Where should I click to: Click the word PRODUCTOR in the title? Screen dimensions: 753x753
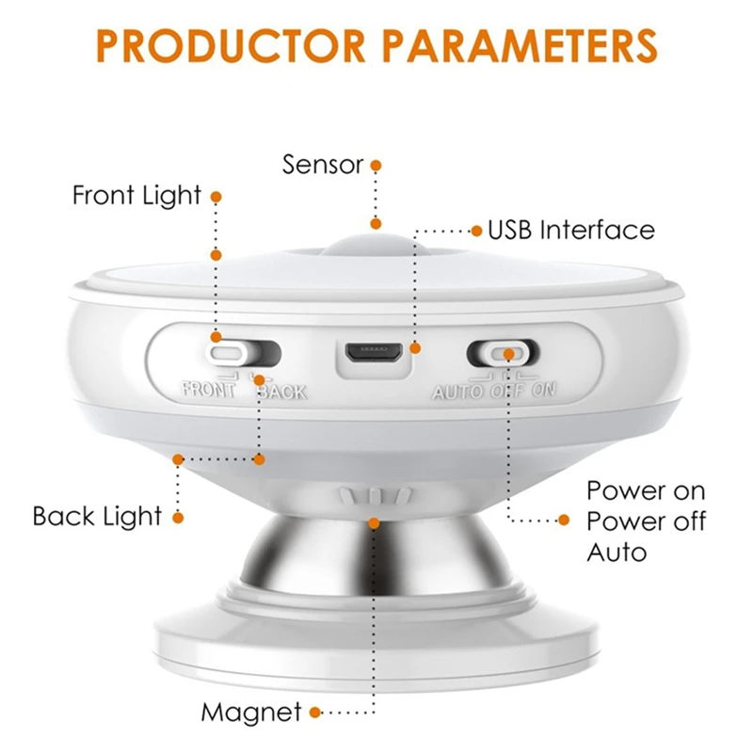(x=231, y=46)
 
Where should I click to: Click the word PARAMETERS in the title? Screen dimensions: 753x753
(x=521, y=46)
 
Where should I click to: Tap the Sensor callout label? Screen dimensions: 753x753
(x=323, y=165)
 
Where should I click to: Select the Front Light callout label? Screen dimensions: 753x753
(x=136, y=196)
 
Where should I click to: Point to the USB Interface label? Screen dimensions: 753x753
(x=571, y=230)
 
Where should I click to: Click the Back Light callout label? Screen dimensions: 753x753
(x=97, y=516)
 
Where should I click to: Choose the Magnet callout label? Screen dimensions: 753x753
(x=251, y=712)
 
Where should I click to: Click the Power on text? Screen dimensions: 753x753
(x=646, y=490)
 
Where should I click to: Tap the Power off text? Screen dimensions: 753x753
(x=647, y=521)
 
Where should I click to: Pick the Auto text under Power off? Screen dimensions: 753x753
(x=617, y=553)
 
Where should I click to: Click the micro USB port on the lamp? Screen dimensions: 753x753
(x=375, y=354)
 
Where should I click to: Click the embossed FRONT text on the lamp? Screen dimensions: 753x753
(x=208, y=389)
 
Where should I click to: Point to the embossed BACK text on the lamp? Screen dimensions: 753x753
(x=281, y=392)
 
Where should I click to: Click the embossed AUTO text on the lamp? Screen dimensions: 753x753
(x=457, y=393)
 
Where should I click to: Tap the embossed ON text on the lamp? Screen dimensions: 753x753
(x=544, y=390)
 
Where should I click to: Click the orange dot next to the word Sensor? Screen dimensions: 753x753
(x=376, y=166)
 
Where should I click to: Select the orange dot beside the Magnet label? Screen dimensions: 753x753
(x=315, y=713)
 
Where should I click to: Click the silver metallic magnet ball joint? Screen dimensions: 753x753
(x=375, y=553)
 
